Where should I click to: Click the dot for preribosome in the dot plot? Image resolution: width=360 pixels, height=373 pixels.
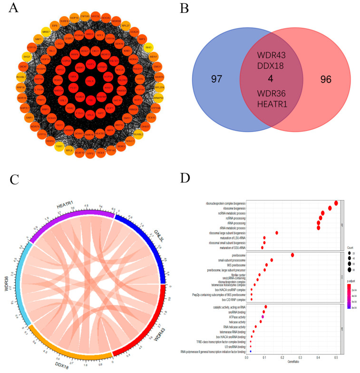click(x=292, y=255)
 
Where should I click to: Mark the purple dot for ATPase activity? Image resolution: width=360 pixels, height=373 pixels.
click(x=263, y=316)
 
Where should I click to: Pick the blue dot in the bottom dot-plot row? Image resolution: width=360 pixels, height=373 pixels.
click(x=251, y=352)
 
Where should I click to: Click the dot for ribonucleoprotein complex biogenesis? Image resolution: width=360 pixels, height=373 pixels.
click(x=336, y=203)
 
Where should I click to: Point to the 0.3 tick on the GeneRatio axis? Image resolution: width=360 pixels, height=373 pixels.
click(x=301, y=357)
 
